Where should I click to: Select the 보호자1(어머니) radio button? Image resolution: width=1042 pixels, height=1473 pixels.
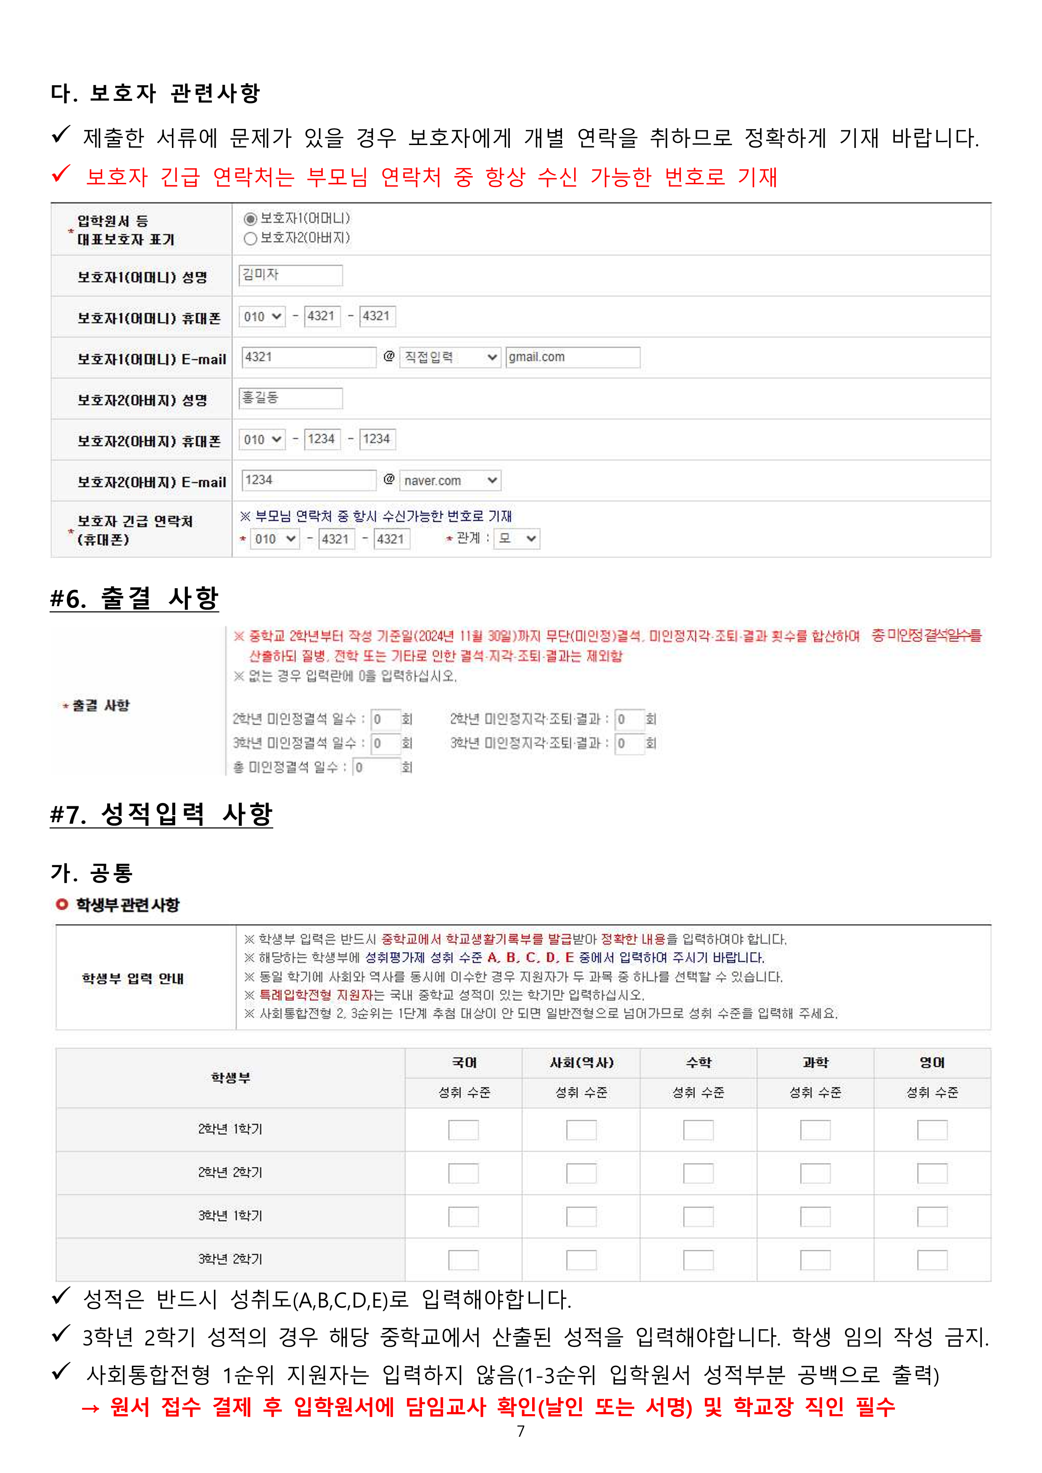pos(250,219)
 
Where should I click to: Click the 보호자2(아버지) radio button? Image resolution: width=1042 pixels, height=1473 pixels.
pos(250,239)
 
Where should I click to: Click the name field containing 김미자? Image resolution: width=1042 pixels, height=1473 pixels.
pos(290,275)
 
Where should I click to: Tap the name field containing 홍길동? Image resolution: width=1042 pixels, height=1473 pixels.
pos(290,399)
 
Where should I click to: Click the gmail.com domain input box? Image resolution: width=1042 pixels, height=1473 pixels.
pos(572,357)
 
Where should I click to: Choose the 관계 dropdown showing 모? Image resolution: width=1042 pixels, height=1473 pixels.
pos(517,539)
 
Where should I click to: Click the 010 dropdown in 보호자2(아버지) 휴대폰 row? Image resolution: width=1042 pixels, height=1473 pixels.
pos(262,439)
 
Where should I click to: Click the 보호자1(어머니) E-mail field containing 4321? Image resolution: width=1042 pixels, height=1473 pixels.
pos(309,357)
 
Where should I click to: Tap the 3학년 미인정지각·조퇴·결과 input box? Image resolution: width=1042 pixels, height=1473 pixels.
pos(629,744)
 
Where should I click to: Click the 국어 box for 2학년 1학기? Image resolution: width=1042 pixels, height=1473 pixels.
pos(463,1130)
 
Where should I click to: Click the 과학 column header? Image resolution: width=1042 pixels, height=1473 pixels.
pos(815,1063)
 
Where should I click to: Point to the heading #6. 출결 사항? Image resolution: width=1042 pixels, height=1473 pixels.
pos(135,599)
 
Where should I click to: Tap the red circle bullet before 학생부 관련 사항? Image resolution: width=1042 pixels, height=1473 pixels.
pos(62,905)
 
